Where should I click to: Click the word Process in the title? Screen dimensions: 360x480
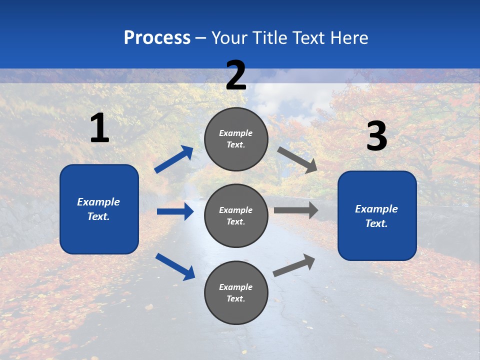157,38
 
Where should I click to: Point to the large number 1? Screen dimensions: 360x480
99,128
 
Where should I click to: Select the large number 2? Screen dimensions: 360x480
236,75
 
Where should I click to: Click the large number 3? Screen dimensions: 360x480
376,136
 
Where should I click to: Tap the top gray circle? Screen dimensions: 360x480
236,139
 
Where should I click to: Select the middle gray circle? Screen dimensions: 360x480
236,215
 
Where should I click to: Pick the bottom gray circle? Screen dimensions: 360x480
236,292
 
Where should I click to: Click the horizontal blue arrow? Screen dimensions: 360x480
175,211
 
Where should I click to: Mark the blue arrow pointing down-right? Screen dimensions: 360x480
175,266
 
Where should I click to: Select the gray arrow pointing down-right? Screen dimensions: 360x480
297,159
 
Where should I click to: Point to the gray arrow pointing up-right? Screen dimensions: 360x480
294,265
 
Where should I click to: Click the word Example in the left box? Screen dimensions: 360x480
98,202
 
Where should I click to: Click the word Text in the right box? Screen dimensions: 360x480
376,223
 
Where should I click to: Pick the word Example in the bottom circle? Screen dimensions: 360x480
236,287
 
